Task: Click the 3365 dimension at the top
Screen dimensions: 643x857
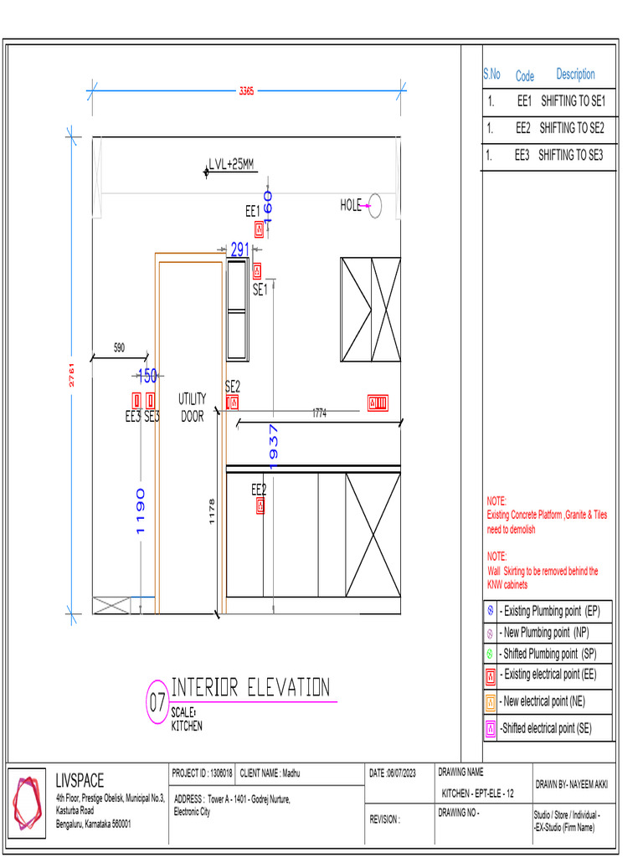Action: tap(246, 91)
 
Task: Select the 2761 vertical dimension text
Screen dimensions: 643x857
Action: tap(73, 375)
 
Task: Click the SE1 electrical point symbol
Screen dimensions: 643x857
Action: tap(257, 271)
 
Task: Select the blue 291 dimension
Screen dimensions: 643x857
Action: tap(240, 249)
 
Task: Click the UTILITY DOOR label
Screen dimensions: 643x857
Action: tap(192, 408)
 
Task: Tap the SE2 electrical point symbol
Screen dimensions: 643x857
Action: tap(233, 403)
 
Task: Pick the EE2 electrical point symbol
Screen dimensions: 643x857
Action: tap(261, 505)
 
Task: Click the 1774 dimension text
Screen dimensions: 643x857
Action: tap(320, 413)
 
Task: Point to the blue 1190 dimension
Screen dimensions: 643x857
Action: tap(140, 511)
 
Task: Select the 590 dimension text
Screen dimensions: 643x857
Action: tap(119, 346)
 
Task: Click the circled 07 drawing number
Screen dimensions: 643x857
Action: tap(157, 704)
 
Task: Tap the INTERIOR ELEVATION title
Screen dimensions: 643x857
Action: tap(250, 688)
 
